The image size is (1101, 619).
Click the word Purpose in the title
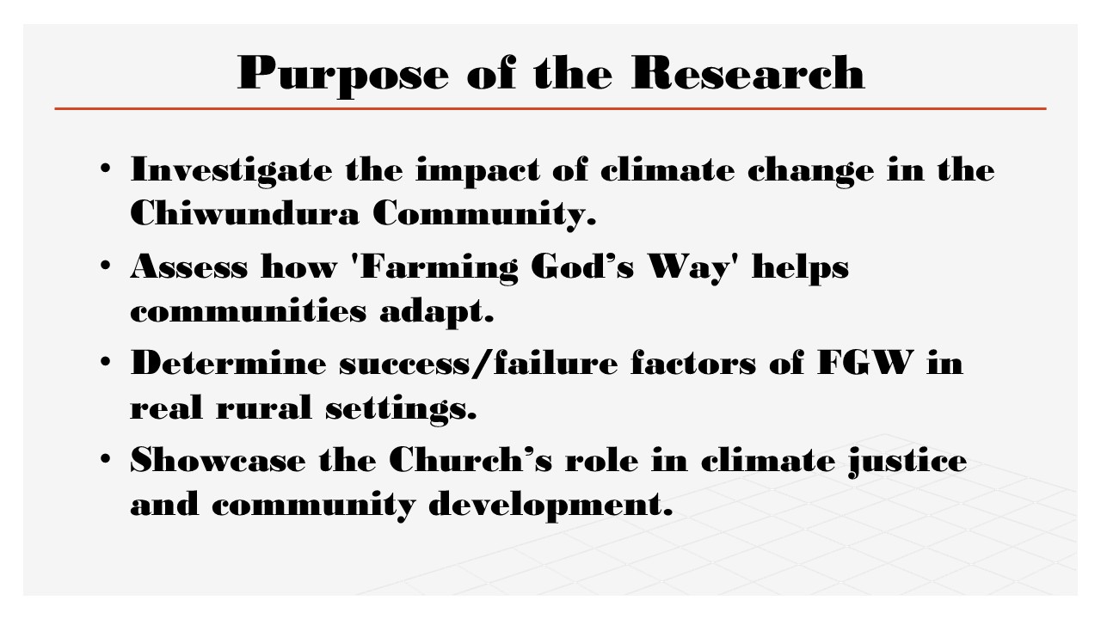pos(343,75)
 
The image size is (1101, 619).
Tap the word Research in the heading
pos(748,73)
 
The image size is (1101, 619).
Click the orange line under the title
pos(550,108)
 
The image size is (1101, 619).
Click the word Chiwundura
pos(244,212)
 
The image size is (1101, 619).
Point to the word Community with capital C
pos(484,215)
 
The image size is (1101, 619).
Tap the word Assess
pos(188,267)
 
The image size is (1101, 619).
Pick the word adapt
pos(436,312)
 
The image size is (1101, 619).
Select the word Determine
pos(228,363)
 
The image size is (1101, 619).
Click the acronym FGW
pos(865,363)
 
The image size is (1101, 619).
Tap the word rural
pos(264,407)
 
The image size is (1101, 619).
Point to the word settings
pos(401,408)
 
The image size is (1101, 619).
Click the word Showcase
pos(218,460)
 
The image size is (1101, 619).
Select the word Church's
pos(471,460)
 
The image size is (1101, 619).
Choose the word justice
pos(907,463)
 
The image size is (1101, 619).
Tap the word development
pos(550,506)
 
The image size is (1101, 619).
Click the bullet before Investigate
pos(105,169)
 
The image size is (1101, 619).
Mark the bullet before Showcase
pos(105,459)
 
